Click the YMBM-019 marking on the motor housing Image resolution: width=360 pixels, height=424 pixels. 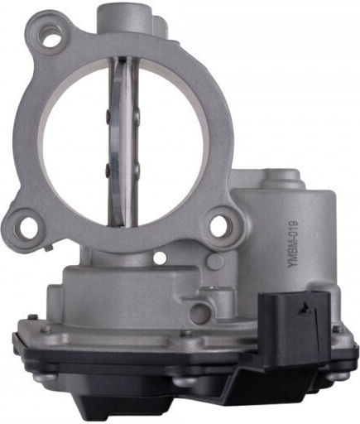292,244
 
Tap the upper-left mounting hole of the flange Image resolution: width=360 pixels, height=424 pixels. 50,36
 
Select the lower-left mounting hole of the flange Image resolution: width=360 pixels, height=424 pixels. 27,225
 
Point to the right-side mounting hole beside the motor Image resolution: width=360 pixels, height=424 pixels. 219,224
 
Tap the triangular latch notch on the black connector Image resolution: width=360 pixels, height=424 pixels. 305,306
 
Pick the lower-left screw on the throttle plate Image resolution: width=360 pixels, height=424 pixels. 108,167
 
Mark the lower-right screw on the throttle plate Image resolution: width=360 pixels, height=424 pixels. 137,168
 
